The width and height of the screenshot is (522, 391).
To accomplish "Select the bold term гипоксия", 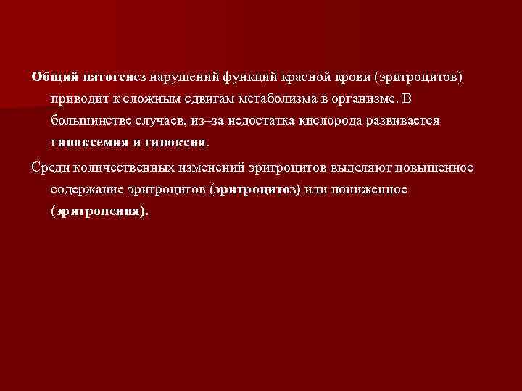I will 181,142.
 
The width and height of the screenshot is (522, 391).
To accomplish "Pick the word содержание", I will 88,189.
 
